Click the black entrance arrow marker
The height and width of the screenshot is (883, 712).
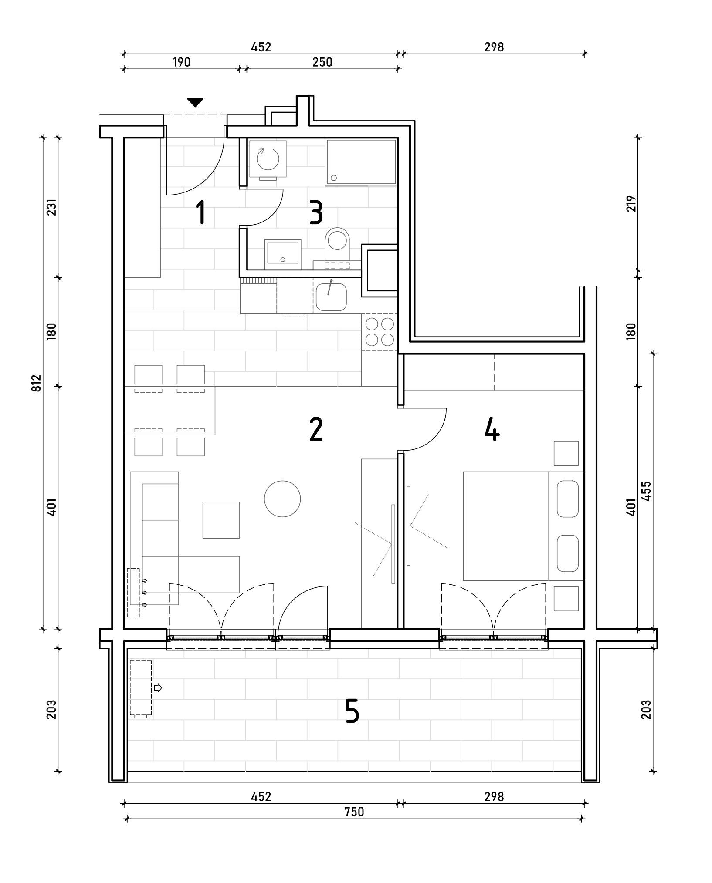[x=195, y=103]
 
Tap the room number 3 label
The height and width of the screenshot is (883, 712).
[x=316, y=212]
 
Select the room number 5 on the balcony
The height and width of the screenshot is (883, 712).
[x=352, y=711]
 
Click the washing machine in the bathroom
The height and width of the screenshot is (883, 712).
[x=268, y=159]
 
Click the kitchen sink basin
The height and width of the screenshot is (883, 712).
[x=331, y=297]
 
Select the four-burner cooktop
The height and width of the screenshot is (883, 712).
[x=380, y=332]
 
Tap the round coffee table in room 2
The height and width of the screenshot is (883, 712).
[x=282, y=499]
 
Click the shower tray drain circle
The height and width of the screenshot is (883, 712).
[x=334, y=178]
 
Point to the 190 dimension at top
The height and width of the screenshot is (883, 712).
[x=181, y=62]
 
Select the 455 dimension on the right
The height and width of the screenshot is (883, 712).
[x=646, y=491]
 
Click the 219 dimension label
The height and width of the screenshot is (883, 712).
[x=631, y=204]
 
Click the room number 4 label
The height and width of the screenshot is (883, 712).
[x=492, y=429]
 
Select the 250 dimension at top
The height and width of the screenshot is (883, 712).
[x=322, y=62]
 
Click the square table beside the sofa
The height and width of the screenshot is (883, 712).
[x=221, y=520]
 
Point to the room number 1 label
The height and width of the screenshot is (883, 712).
[x=201, y=212]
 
